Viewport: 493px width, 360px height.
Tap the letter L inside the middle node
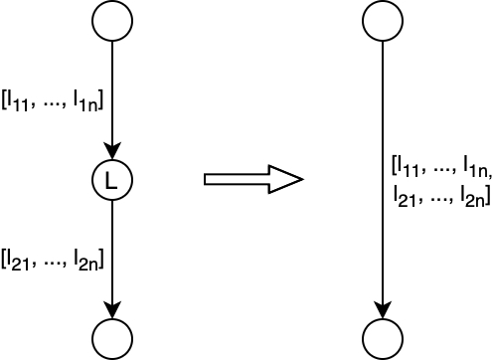pos(111,181)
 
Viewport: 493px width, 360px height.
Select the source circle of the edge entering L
pos(112,21)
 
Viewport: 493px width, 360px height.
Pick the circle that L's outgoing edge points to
pos(112,339)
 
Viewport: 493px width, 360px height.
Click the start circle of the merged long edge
pos(383,21)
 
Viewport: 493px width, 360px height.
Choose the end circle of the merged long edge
pos(383,339)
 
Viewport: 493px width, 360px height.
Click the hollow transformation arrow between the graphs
pos(253,179)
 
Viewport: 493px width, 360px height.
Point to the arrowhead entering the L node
pos(112,151)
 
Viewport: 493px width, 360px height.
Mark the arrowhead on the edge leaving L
pos(112,310)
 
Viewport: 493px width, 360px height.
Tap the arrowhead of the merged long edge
pos(383,310)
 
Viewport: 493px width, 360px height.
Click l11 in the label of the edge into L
pos(18,101)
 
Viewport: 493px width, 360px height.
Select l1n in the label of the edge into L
pos(85,101)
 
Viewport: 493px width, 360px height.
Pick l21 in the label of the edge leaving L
pos(18,261)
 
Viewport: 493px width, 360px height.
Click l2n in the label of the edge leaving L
pos(85,261)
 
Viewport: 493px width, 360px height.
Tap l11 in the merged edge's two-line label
pos(408,167)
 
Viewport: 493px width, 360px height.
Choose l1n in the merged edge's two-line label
pos(475,167)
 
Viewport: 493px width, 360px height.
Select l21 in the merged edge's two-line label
pos(405,197)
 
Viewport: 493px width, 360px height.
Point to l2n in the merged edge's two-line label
pos(472,197)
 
